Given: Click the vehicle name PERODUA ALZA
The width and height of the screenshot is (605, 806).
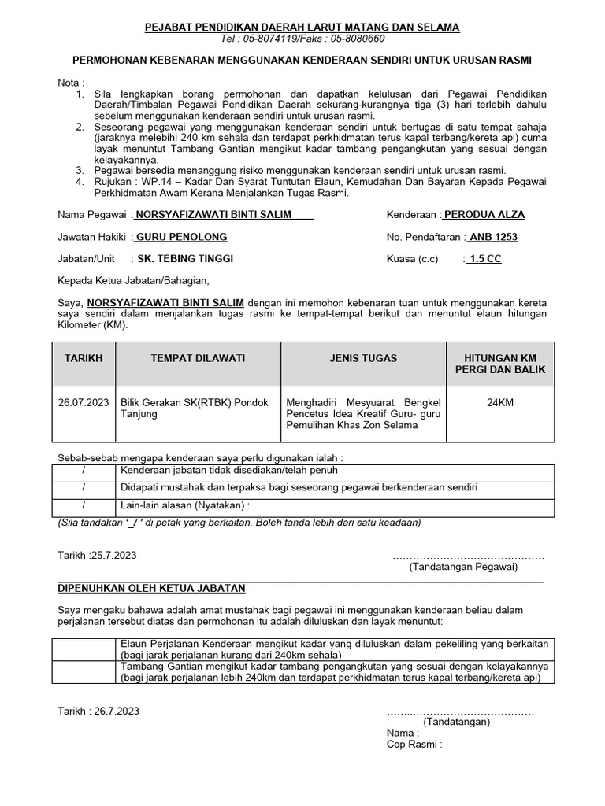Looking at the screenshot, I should point(484,215).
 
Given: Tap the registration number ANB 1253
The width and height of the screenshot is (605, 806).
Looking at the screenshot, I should point(493,237).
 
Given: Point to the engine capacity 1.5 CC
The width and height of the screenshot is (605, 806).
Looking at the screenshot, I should point(485,259).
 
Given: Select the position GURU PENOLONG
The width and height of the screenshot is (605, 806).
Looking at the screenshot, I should point(181,237).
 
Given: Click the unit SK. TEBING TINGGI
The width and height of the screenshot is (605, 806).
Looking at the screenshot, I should point(184,259).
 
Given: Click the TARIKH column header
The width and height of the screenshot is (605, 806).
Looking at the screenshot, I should point(84,358).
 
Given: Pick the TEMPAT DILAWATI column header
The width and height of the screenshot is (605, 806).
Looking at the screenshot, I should point(198,358).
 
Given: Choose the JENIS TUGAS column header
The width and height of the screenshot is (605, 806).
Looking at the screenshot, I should point(363,358).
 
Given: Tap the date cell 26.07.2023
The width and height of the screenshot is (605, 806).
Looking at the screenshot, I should point(84,401).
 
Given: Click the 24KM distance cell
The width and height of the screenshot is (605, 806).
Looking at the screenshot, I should point(500,401).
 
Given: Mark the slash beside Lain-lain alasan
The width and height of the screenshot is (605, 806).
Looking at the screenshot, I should point(84,505).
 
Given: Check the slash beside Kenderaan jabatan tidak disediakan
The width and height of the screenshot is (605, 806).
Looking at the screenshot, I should point(84,471).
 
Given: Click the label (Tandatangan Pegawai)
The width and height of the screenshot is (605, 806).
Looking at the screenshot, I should point(463,567).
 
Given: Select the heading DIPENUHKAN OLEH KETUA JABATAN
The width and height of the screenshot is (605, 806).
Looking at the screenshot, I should point(152,588).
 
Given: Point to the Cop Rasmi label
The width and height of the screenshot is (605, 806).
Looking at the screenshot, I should point(414,744).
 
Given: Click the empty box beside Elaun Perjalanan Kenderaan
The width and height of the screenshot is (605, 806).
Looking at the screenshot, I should point(84,649).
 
